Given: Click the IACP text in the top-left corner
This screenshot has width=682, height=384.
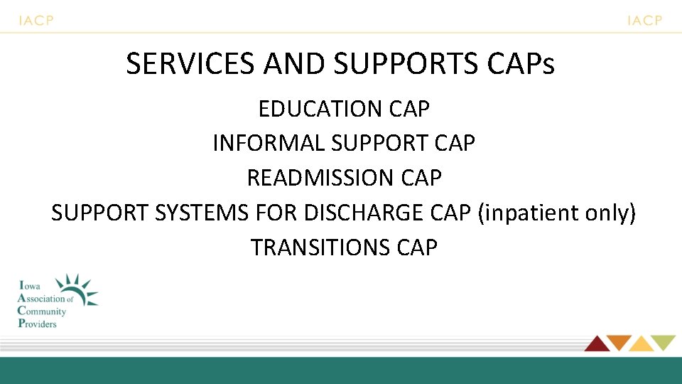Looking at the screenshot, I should (36, 21).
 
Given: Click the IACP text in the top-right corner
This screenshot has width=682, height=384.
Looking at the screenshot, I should (644, 21).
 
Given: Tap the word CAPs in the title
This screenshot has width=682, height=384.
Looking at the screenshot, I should (521, 65).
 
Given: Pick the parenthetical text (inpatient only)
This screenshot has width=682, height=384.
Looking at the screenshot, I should (557, 213).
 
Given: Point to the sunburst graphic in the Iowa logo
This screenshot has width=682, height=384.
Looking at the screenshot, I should (77, 289).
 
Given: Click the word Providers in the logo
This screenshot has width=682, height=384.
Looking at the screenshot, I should (37, 324).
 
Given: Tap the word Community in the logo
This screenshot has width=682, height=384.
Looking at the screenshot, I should (42, 311).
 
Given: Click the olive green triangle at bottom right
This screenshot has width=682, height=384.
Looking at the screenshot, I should (664, 343).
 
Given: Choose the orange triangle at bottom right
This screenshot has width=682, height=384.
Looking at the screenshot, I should (618, 343).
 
